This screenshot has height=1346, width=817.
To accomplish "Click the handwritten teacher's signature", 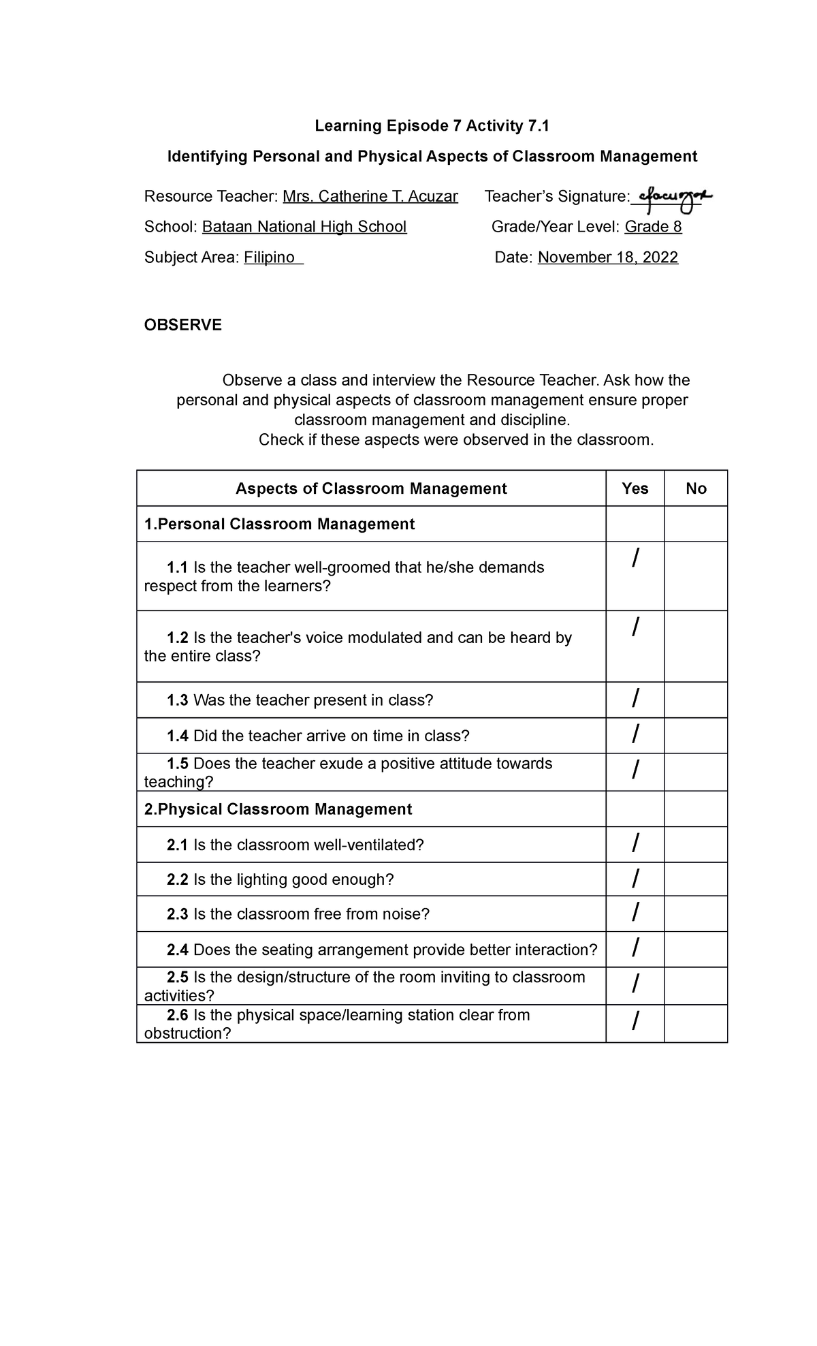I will click(x=671, y=198).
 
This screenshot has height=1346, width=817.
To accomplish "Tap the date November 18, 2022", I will click(x=608, y=257).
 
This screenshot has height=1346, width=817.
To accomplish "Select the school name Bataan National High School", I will click(x=304, y=227).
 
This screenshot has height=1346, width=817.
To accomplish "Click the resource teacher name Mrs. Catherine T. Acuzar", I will click(x=370, y=197).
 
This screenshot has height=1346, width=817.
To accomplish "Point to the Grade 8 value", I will click(x=653, y=227).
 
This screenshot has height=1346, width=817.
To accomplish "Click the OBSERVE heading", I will click(x=182, y=325).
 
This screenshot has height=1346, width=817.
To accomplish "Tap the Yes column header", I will click(x=635, y=488).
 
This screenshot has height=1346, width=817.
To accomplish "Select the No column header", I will click(x=696, y=488).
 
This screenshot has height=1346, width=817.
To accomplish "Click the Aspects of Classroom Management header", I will click(x=371, y=488).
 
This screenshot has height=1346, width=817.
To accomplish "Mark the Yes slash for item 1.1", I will click(x=635, y=559).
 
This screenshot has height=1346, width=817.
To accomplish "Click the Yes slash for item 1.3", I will click(x=635, y=700).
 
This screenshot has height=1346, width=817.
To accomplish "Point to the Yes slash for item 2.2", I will click(x=635, y=879).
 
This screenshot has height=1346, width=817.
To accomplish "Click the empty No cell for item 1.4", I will click(x=696, y=736).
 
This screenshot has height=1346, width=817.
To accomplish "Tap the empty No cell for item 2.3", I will click(x=696, y=913).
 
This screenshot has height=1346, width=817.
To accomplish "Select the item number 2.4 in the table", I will click(x=177, y=950).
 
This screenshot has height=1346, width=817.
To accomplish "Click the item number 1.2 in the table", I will click(x=177, y=638).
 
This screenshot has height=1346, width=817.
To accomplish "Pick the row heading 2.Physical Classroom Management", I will click(x=278, y=809).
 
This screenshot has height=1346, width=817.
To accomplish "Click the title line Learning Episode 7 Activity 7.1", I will click(x=432, y=126).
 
